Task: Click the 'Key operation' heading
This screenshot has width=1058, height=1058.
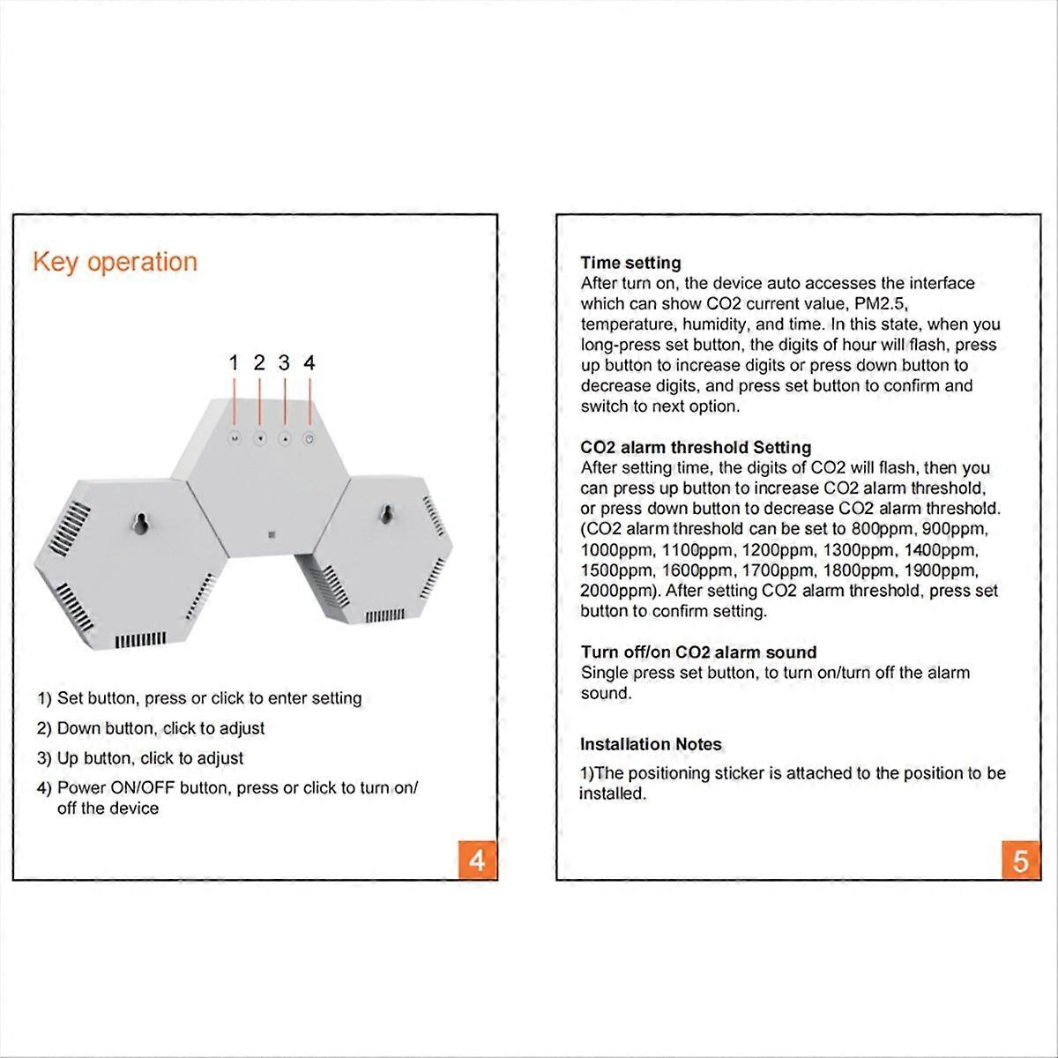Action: pyautogui.click(x=115, y=262)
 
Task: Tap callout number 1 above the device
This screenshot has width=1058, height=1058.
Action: pyautogui.click(x=234, y=362)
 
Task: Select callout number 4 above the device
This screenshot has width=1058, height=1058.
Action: pyautogui.click(x=309, y=362)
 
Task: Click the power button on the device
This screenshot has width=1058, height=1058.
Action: pyautogui.click(x=309, y=438)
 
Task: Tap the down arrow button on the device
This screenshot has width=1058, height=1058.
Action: pyautogui.click(x=259, y=438)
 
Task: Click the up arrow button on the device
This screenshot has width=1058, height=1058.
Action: pyautogui.click(x=284, y=438)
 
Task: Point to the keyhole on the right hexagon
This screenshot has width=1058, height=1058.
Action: pyautogui.click(x=384, y=512)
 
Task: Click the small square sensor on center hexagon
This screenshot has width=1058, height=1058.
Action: pyautogui.click(x=271, y=535)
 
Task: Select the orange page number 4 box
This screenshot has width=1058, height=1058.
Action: pyautogui.click(x=477, y=860)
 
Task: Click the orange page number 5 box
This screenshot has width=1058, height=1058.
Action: pyautogui.click(x=1021, y=860)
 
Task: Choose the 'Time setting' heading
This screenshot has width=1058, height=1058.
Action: pyautogui.click(x=630, y=263)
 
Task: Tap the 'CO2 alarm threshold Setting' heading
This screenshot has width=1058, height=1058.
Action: pyautogui.click(x=696, y=447)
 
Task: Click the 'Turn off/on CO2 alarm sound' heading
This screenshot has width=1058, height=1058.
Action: pyautogui.click(x=698, y=652)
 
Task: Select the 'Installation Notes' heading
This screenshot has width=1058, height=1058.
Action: pyautogui.click(x=651, y=744)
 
